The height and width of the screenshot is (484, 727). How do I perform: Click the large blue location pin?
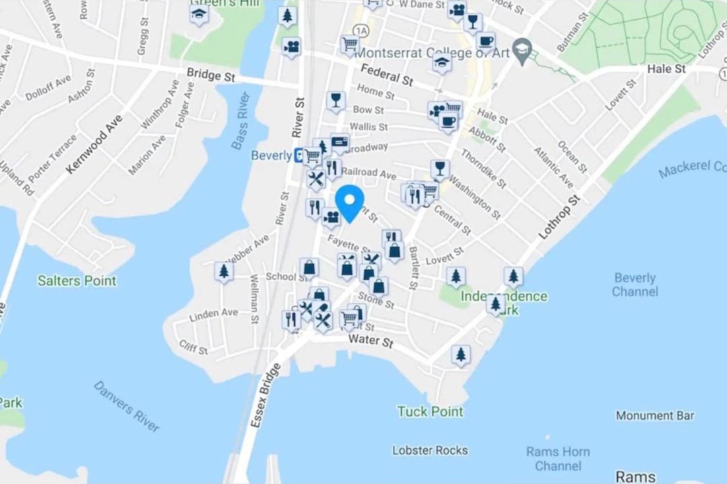349,202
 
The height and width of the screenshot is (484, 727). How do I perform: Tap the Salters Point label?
77,281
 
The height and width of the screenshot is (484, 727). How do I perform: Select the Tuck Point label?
430,411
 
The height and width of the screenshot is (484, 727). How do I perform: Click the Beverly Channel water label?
635,284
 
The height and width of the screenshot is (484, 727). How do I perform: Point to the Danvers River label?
127,406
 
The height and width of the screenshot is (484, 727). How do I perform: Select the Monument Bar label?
654,416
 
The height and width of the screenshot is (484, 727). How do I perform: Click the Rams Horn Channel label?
557,458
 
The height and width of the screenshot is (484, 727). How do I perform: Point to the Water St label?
370,342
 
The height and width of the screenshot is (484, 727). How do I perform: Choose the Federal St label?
386,75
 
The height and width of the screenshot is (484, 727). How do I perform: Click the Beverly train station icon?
298,156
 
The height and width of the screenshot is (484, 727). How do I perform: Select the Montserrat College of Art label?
431,52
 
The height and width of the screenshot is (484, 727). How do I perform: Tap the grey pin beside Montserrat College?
522,48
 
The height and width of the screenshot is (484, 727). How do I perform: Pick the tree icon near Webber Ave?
223,271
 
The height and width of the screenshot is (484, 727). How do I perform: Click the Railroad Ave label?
370,173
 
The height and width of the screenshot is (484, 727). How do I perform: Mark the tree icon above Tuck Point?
460,354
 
